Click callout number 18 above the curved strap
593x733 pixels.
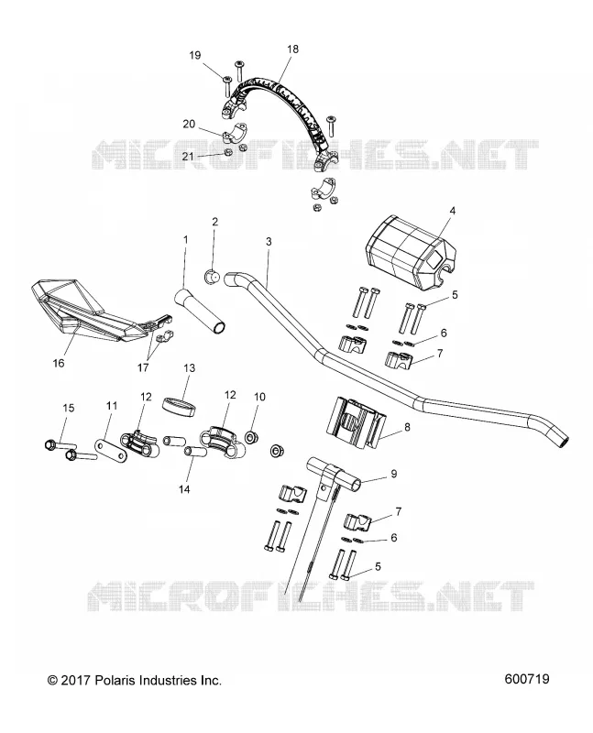pos(292,49)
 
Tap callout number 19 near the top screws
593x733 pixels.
pos(195,55)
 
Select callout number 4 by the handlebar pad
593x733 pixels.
pos(452,211)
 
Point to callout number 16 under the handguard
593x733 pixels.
pos(59,362)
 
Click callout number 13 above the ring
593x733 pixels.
pos(189,368)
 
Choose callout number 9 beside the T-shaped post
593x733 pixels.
pos(394,474)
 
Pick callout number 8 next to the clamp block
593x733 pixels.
pos(407,427)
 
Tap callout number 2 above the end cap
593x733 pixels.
pos(214,221)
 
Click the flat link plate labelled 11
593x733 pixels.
pos(111,450)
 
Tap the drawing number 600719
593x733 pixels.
pos(527,679)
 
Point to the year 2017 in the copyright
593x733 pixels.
pos(76,680)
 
